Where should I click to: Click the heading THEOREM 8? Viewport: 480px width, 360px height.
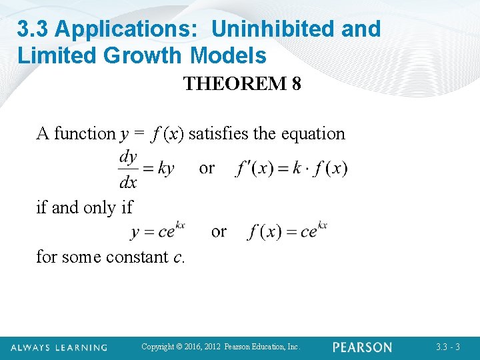tap(241, 84)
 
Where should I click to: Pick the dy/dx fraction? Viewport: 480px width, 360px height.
tap(127, 169)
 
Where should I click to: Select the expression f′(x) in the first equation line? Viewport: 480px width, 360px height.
tap(253, 168)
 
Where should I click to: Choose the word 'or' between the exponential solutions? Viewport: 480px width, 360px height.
tap(219, 231)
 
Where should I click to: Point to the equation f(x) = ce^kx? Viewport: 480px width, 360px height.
tap(287, 231)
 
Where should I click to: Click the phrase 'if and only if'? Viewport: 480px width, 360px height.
tap(85, 207)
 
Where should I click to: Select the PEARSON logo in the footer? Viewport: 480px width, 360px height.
tap(362, 347)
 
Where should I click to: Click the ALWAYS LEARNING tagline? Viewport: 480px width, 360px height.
tap(59, 347)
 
